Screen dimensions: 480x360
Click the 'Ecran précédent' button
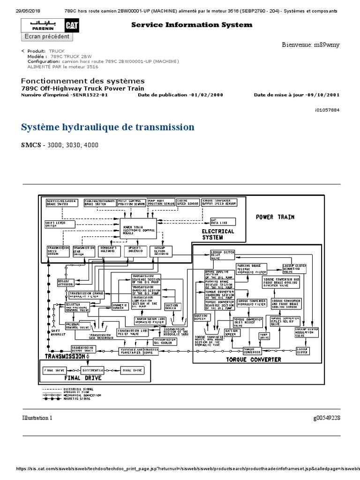tap(47, 37)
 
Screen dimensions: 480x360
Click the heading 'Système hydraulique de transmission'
tap(108, 127)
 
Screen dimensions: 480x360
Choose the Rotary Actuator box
tap(66, 283)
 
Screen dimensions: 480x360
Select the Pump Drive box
tap(264, 335)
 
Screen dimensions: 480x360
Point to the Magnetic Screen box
tap(120, 306)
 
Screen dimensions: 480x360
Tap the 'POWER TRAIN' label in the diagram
tap(275, 217)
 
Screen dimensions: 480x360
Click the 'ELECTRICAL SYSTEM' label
tap(218, 234)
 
